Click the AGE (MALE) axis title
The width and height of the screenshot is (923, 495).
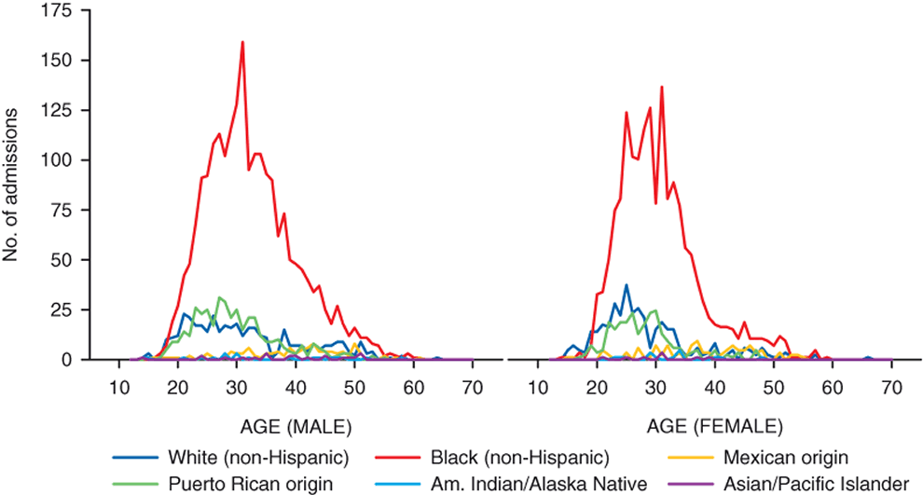click(296, 427)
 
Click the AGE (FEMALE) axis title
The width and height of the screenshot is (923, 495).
click(714, 427)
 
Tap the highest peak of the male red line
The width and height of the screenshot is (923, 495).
click(242, 42)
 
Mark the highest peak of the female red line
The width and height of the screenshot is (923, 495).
click(661, 88)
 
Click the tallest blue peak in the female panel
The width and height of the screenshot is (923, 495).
click(627, 285)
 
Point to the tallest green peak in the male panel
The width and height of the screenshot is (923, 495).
click(219, 297)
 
